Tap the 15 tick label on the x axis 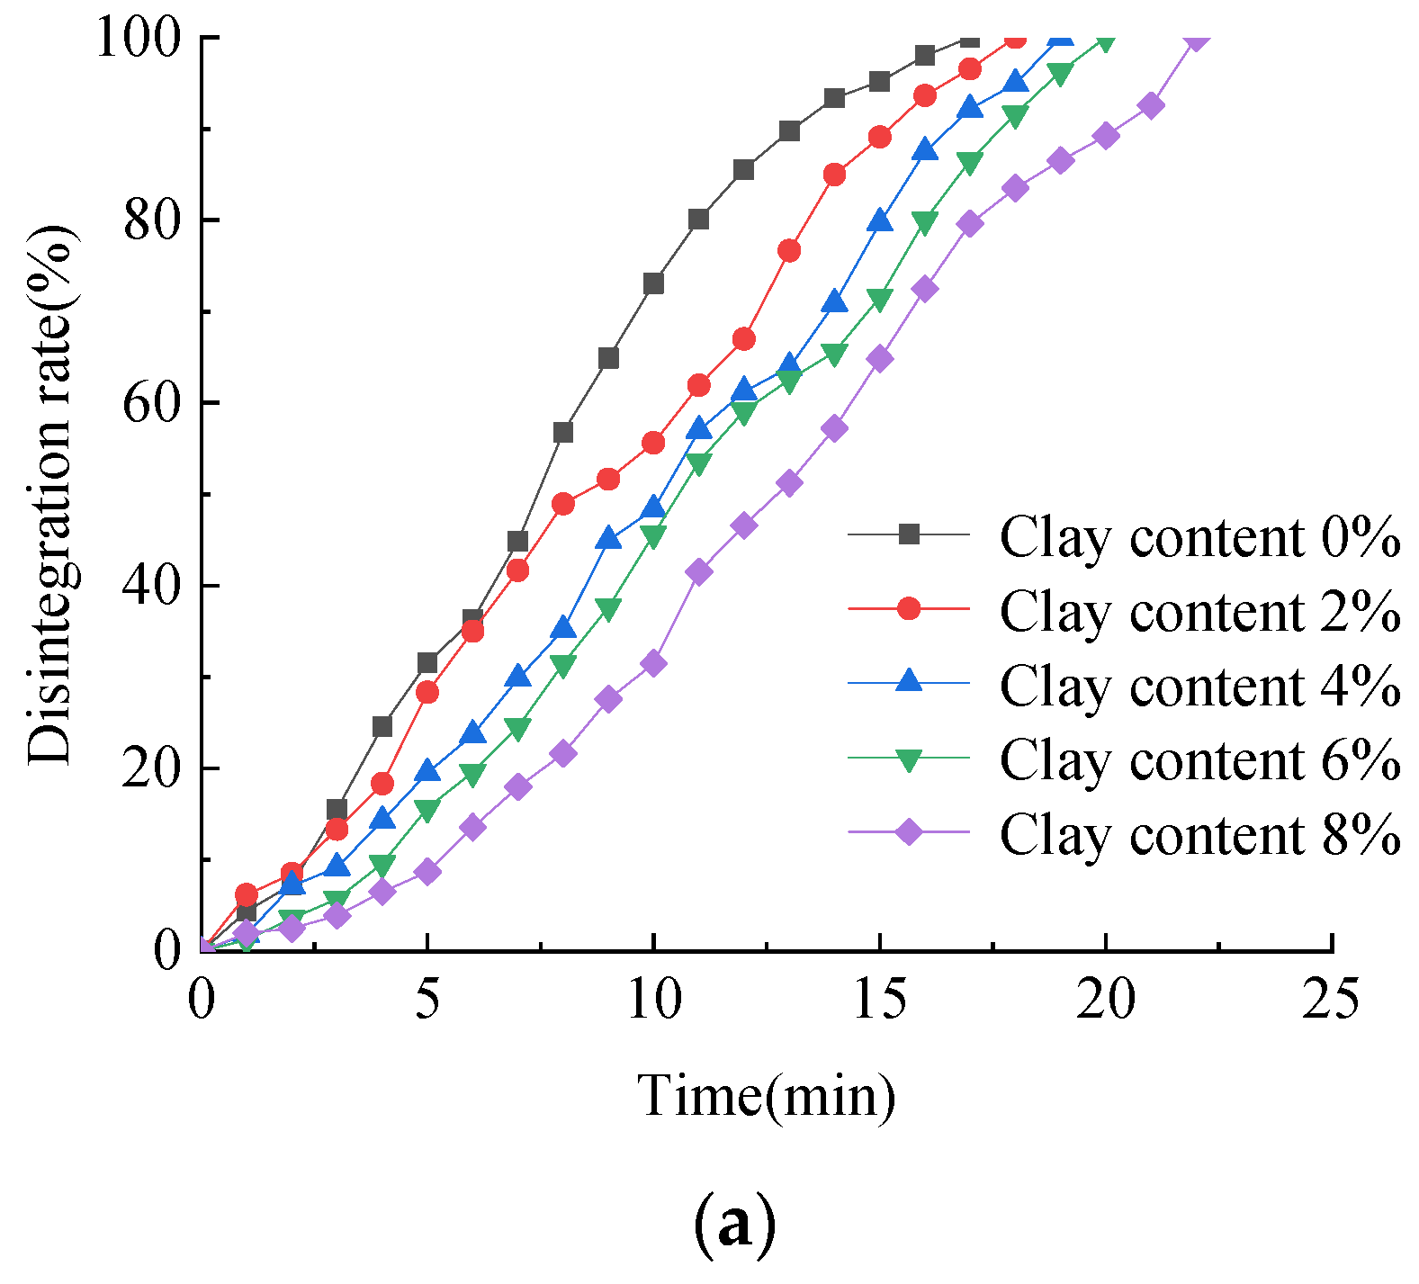pos(879,1000)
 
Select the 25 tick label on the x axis pos(1331,1000)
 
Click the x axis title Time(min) pos(767,1096)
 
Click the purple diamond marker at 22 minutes pos(1196,39)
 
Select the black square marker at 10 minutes pos(653,283)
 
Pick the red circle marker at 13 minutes pos(789,251)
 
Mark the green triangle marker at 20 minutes pos(1106,40)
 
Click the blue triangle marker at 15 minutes pos(879,220)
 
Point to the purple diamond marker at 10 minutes pos(653,664)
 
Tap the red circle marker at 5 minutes pos(427,692)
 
